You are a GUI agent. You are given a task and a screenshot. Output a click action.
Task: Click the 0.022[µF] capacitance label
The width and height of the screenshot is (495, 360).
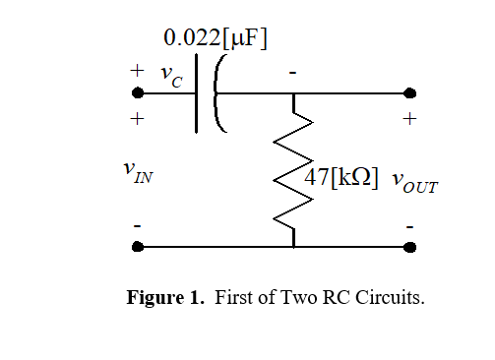tap(216, 38)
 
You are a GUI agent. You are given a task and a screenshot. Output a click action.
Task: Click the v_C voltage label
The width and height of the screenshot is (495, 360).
tap(170, 79)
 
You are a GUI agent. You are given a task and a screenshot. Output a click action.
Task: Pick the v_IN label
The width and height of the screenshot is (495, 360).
tap(138, 173)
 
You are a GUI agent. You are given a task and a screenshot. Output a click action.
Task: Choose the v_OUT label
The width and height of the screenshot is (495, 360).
tap(414, 182)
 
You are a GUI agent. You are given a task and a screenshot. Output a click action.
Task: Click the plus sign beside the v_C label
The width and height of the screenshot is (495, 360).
tap(138, 71)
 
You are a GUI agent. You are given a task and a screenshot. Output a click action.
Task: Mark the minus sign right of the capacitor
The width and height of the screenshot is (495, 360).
tap(292, 74)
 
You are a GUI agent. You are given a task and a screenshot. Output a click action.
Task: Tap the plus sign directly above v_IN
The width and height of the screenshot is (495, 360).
tap(138, 118)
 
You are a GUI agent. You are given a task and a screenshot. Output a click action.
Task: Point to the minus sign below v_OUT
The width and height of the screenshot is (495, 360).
tap(409, 227)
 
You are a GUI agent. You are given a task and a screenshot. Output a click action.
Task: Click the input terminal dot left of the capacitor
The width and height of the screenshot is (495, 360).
tap(138, 93)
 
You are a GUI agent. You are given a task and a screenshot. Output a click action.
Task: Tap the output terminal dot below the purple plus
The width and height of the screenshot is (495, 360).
tap(409, 93)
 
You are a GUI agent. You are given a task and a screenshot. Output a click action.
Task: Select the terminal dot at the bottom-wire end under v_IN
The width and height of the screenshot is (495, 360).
tap(138, 247)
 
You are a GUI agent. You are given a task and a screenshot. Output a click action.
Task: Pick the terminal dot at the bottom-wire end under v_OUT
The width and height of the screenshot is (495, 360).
tap(409, 247)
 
